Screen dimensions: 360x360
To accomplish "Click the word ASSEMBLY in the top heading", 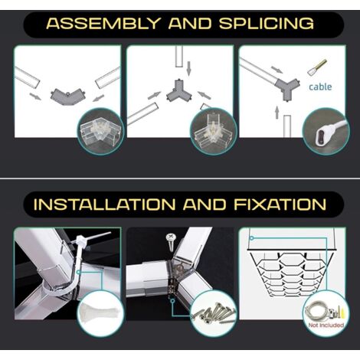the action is click(x=103, y=24).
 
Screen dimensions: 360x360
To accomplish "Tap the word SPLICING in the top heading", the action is click(x=267, y=24).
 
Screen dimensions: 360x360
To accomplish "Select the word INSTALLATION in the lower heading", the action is click(x=105, y=205).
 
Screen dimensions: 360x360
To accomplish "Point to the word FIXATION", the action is click(x=280, y=205).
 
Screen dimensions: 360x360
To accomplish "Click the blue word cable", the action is click(x=320, y=87).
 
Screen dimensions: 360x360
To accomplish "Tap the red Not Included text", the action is click(x=326, y=325).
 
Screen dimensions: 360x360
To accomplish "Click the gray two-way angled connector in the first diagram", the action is click(x=67, y=96).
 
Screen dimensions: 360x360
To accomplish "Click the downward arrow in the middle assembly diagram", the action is click(x=188, y=68).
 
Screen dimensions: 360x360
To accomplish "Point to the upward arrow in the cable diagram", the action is click(x=277, y=113).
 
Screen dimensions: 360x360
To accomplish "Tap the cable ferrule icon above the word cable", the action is click(x=317, y=67).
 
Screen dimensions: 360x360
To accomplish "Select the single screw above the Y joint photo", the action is click(x=171, y=241).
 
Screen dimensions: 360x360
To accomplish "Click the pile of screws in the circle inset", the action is click(x=214, y=313).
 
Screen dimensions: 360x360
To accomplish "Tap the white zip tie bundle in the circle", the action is click(x=100, y=313).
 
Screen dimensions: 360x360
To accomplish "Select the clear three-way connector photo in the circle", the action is click(x=211, y=133).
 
